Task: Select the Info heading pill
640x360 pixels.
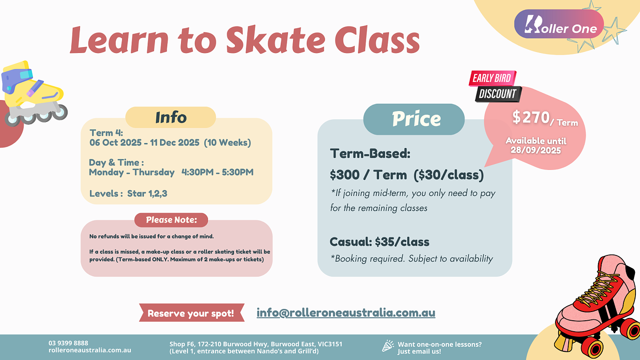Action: coord(171,117)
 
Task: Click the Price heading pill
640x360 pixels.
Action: coord(414,119)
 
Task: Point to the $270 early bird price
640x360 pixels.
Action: coord(531,117)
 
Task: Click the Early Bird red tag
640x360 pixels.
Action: coord(492,78)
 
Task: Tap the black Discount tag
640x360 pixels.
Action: coord(498,94)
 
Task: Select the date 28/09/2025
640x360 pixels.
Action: coord(536,150)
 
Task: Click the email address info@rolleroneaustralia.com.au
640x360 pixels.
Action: coord(346,312)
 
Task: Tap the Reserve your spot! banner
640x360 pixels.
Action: coord(192,313)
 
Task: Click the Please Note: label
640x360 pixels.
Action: coord(171,220)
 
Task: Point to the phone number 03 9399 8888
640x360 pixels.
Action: coord(68,343)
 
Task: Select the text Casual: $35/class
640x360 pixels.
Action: coord(379,242)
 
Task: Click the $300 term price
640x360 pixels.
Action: coord(345,175)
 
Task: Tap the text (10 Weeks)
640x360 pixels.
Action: coord(228,143)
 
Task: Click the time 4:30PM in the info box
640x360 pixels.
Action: coord(197,172)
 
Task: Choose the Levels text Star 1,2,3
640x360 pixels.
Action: coord(147,194)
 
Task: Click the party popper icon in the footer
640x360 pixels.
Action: coord(388,346)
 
